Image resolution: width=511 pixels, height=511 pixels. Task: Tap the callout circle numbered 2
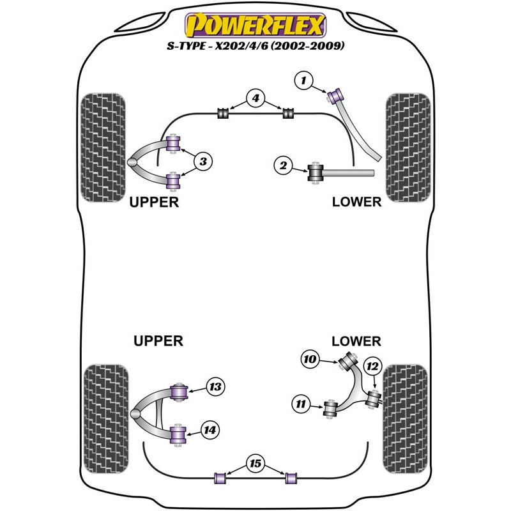coord(282,167)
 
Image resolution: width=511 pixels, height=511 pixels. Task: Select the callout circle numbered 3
coord(202,162)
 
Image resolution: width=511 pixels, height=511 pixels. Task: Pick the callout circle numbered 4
coord(255,99)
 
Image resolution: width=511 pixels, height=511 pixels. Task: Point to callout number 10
coord(310,360)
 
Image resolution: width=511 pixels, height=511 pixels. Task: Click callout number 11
coord(300,404)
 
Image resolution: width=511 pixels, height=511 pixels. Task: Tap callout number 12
coord(372,367)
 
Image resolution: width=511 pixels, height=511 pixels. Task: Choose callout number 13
coord(215,386)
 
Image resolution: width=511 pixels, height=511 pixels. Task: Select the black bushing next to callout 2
coord(316,173)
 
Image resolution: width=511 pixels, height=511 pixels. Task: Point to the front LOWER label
coord(356,202)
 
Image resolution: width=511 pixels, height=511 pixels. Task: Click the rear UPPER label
coord(158,341)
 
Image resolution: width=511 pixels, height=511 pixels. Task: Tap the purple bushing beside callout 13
coord(180,390)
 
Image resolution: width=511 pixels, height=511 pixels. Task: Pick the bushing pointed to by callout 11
coord(331,408)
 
